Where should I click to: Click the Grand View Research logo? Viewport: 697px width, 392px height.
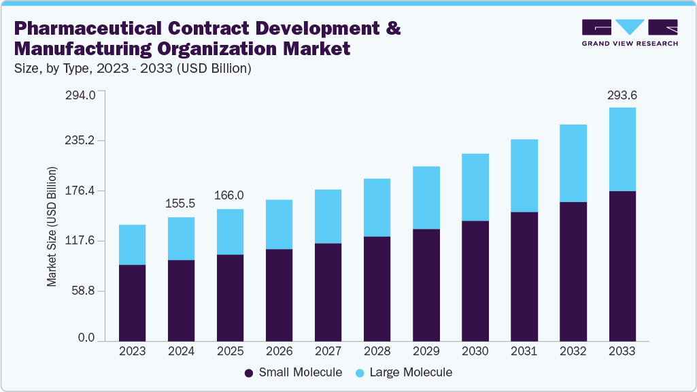[x=630, y=33]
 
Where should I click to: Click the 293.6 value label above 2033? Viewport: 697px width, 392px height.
[x=622, y=95]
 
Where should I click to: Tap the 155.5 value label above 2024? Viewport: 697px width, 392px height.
[x=181, y=203]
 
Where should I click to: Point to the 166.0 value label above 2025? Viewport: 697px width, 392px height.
[x=230, y=195]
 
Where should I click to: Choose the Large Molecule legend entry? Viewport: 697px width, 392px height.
[x=404, y=372]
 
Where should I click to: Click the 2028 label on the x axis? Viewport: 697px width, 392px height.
[x=377, y=352]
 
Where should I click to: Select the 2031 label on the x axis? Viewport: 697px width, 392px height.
[x=524, y=352]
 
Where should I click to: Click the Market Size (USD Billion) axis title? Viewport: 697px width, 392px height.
[x=52, y=226]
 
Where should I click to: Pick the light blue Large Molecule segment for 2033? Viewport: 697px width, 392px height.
[x=622, y=149]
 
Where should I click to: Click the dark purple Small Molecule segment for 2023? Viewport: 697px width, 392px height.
[x=132, y=303]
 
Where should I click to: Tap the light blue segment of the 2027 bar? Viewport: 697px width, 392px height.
[x=328, y=216]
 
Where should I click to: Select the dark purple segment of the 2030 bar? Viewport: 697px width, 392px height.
[x=475, y=280]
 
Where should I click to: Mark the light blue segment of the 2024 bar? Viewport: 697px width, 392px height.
[x=181, y=238]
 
